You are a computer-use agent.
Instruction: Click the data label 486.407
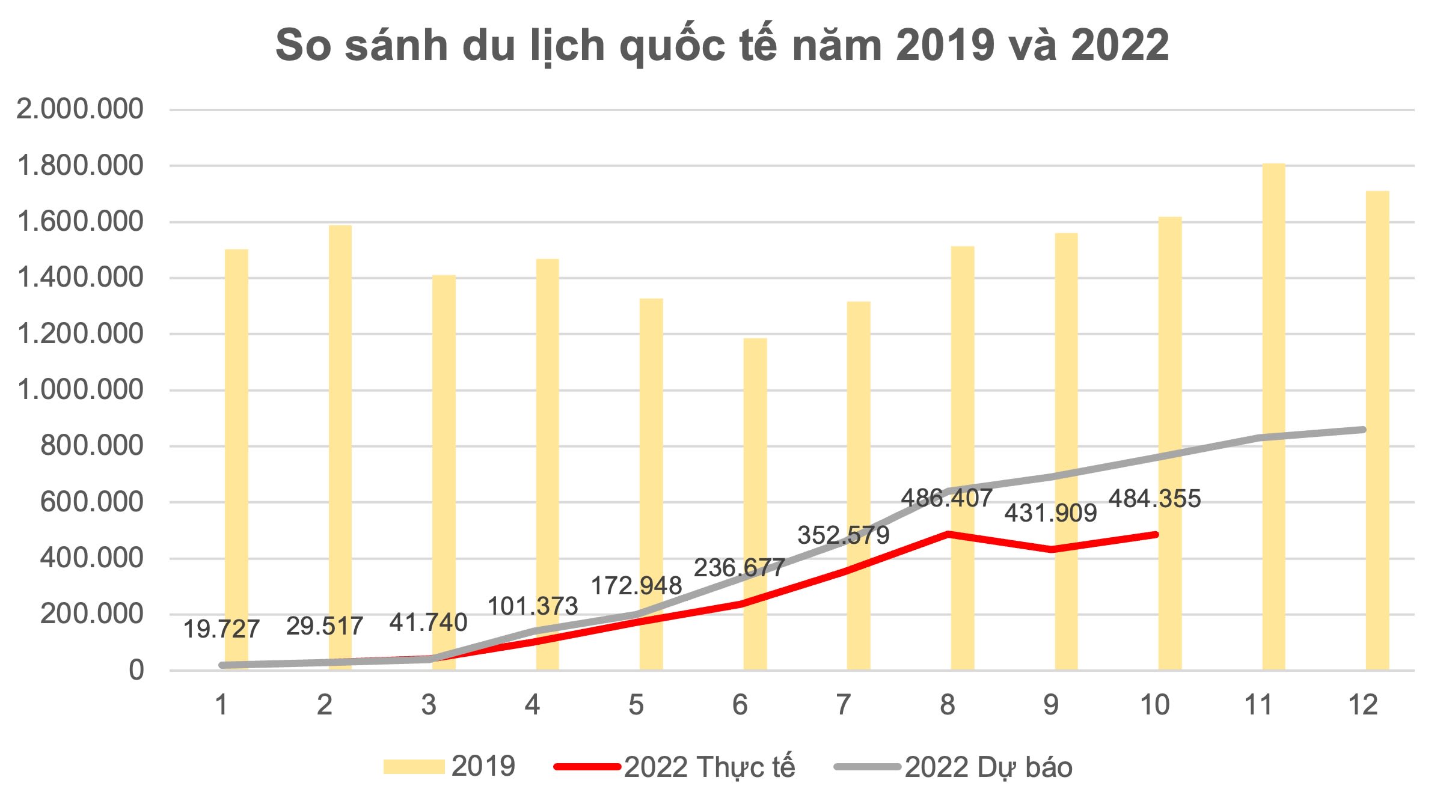[946, 498]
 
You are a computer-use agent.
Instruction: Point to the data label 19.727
[221, 629]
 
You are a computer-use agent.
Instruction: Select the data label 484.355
[1154, 499]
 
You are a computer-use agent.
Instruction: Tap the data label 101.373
[532, 606]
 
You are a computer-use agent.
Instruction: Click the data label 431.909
[1050, 513]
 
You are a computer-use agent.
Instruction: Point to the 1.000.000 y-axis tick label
[81, 391]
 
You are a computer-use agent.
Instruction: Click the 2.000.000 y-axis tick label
[81, 110]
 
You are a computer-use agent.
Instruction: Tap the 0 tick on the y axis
[136, 671]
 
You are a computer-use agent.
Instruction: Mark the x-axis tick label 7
[843, 705]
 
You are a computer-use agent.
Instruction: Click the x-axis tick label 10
[1154, 705]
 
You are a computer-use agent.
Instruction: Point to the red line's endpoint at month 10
[1155, 534]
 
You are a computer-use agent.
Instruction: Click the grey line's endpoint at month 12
[1362, 430]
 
